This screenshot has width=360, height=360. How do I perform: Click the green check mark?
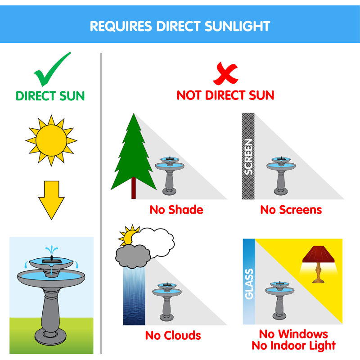[x=51, y=71]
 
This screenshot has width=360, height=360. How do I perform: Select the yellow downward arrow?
[x=51, y=199]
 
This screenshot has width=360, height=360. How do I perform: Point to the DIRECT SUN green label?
[x=50, y=96]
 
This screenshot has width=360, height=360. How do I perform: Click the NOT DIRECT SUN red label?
[x=225, y=95]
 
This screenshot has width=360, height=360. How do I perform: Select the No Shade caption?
[x=176, y=210]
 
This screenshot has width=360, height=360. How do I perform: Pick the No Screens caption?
[x=291, y=210]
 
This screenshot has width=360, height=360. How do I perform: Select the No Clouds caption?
[x=173, y=336]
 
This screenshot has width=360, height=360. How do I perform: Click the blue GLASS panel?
[x=249, y=281]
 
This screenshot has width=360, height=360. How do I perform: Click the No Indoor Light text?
[x=293, y=346]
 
